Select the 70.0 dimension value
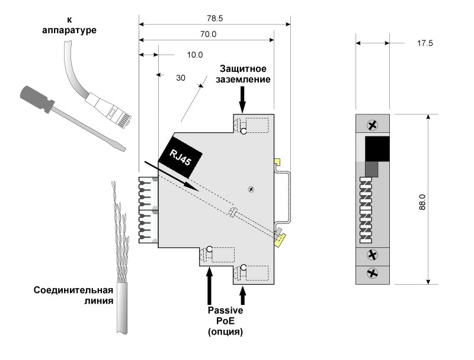pos(207,34)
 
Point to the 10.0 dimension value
pos(195,55)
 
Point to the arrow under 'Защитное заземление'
pos(243,98)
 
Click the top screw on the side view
pos(372,125)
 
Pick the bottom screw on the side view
pos(372,273)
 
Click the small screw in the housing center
pos(252,189)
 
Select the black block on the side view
pos(377,148)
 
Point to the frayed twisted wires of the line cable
pos(121,231)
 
